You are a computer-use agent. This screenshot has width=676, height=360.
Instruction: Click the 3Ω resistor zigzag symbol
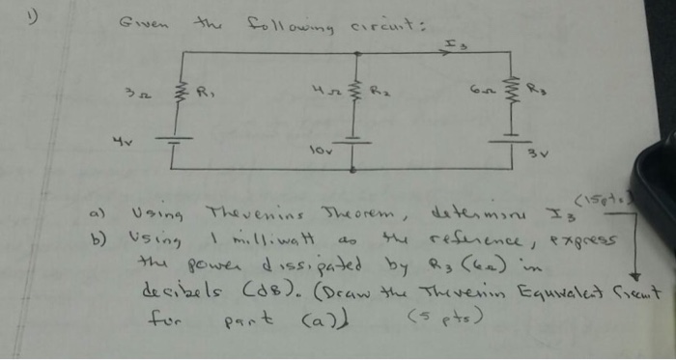178,96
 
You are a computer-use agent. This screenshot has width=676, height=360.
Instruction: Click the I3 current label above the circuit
452,42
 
